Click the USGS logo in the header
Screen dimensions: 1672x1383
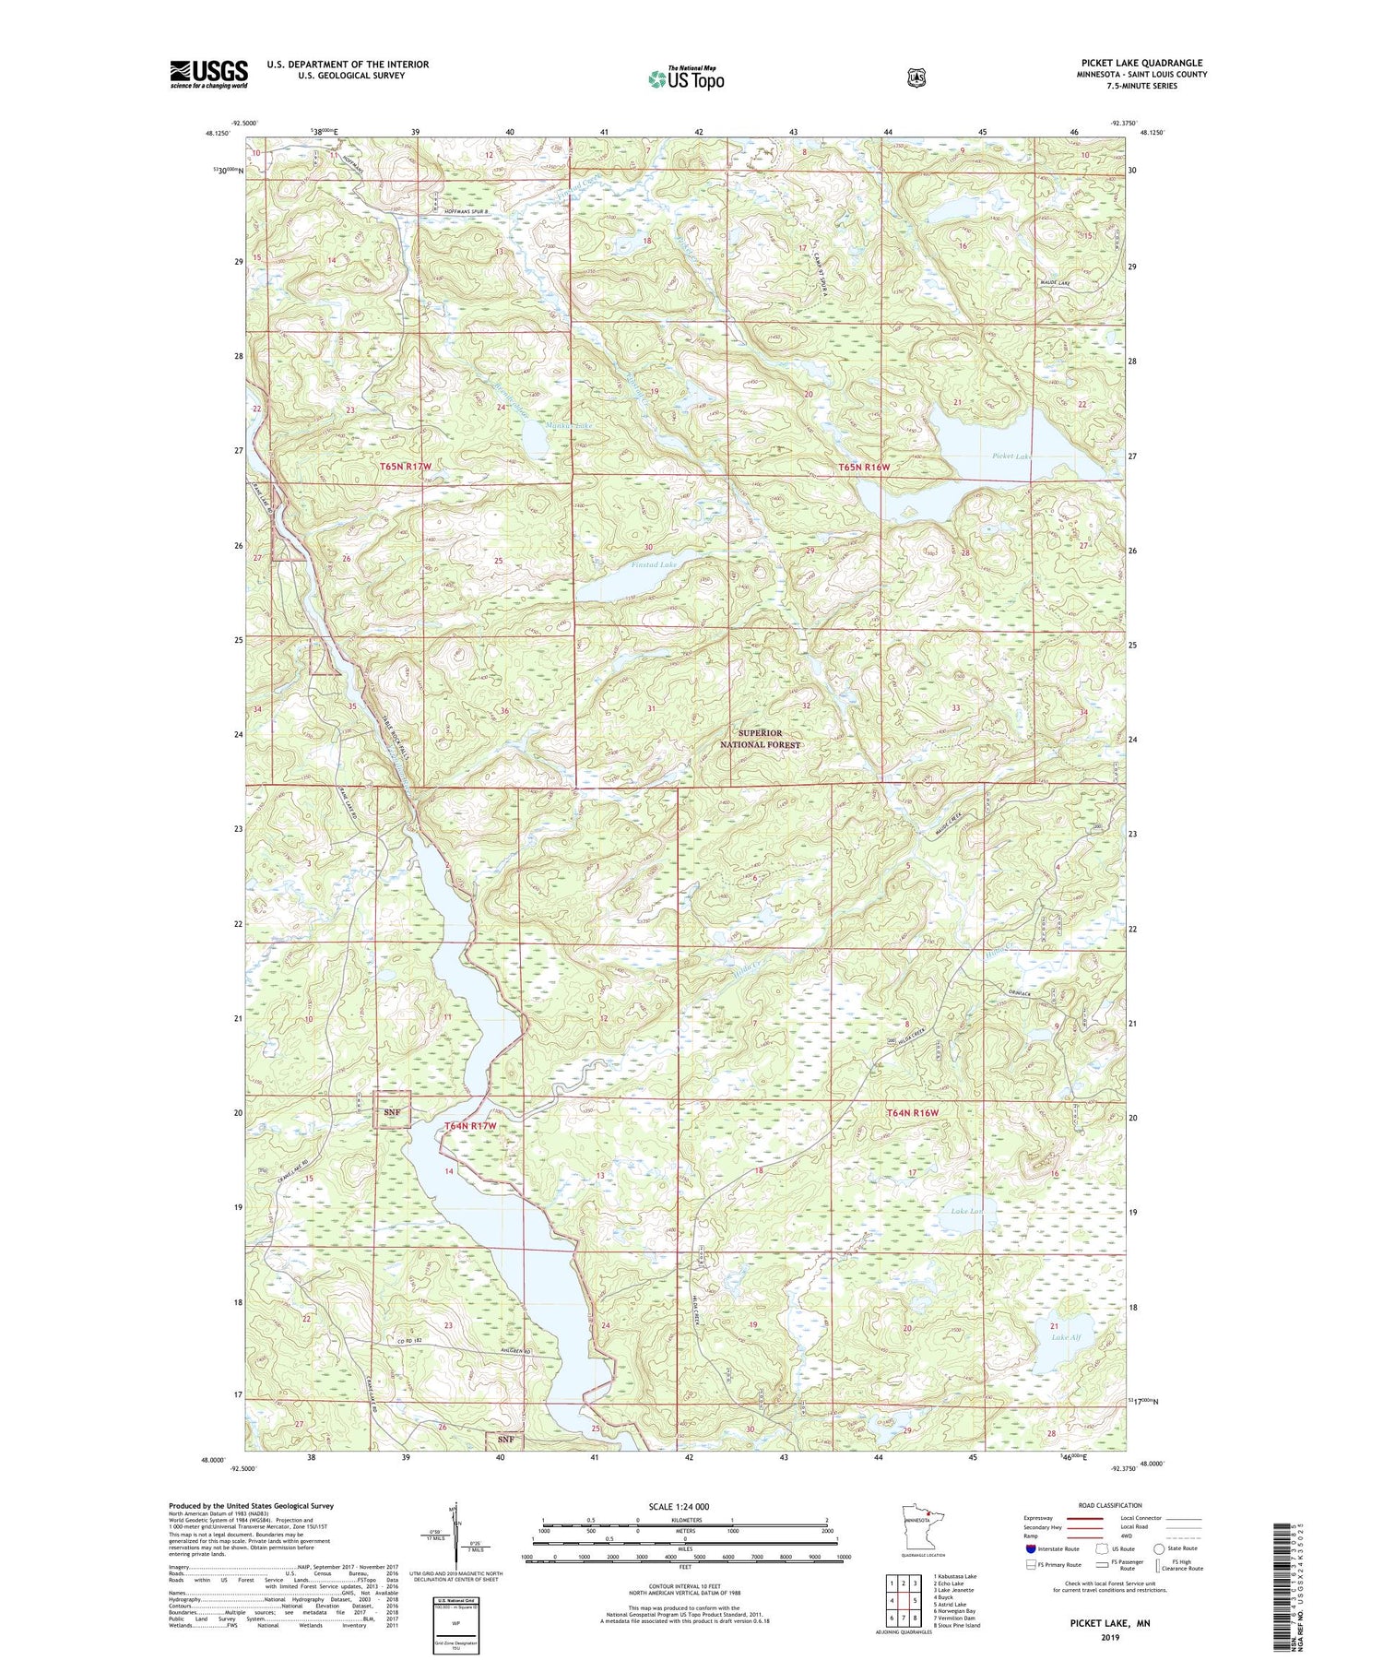(x=208, y=74)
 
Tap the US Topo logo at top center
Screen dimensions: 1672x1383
(x=685, y=78)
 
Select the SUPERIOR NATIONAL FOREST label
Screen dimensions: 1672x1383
(x=762, y=739)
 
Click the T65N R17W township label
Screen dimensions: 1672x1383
(x=406, y=468)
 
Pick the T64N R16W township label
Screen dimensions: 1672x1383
(x=911, y=1113)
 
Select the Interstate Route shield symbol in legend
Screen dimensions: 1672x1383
(x=1030, y=1548)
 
